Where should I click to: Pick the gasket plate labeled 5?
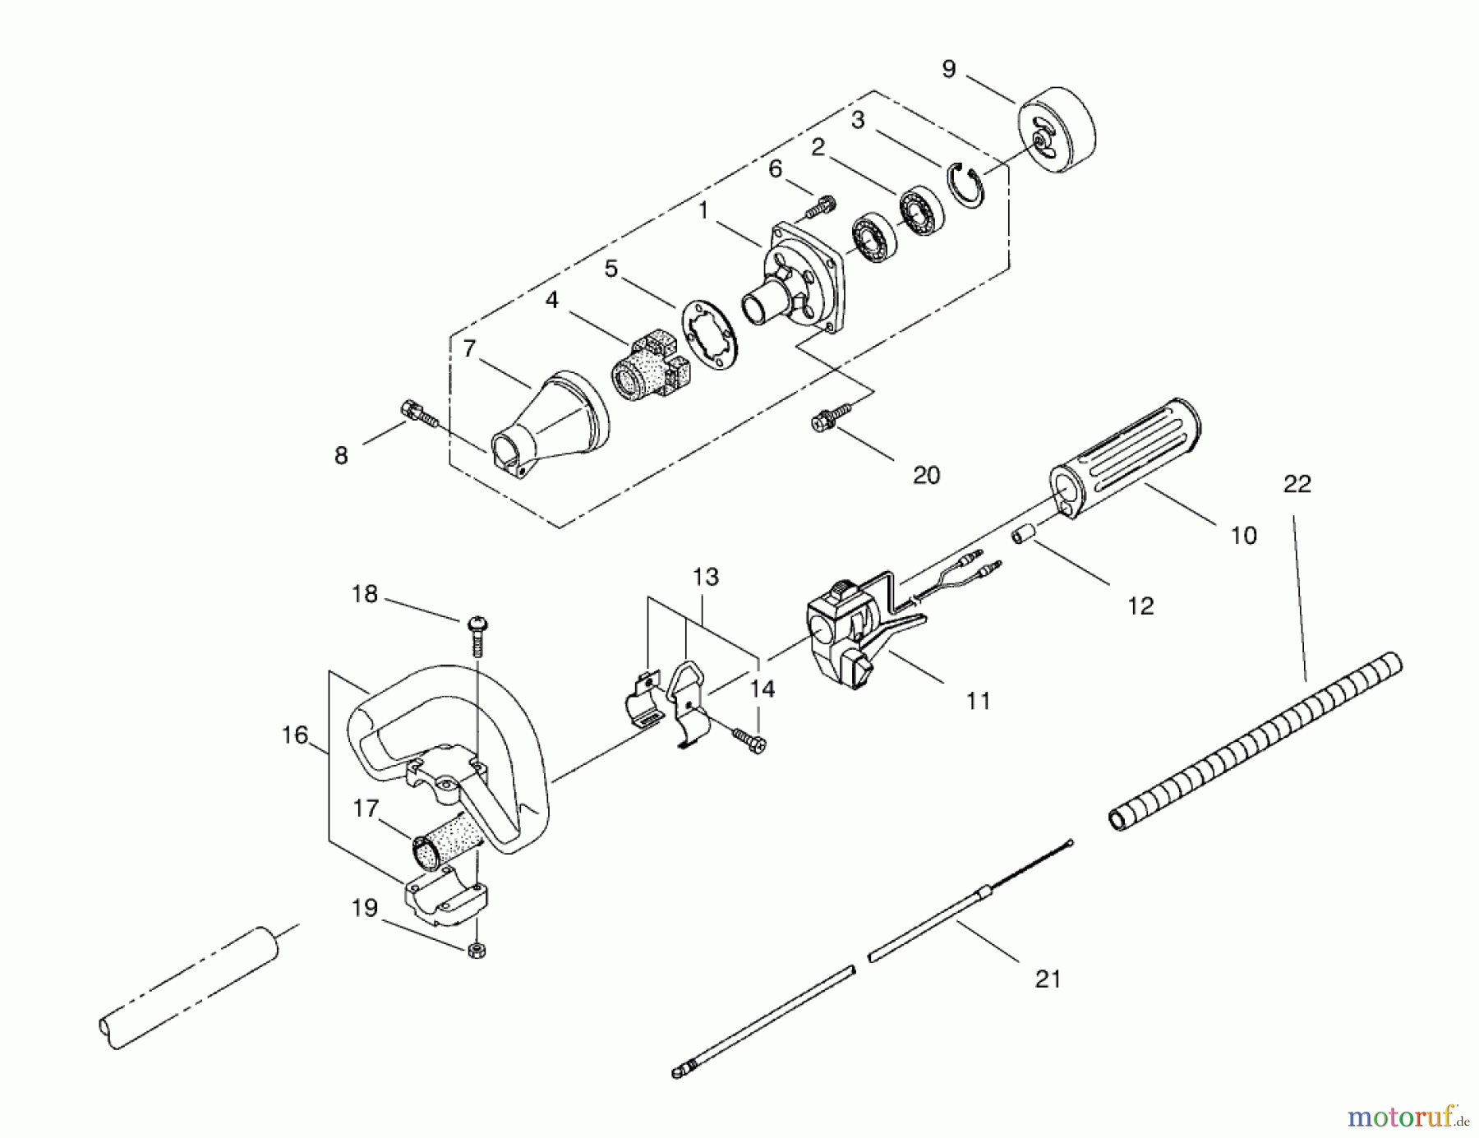[x=711, y=330]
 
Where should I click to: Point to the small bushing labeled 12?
[x=1021, y=535]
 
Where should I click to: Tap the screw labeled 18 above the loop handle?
[x=477, y=635]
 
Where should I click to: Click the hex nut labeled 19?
[x=475, y=951]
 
